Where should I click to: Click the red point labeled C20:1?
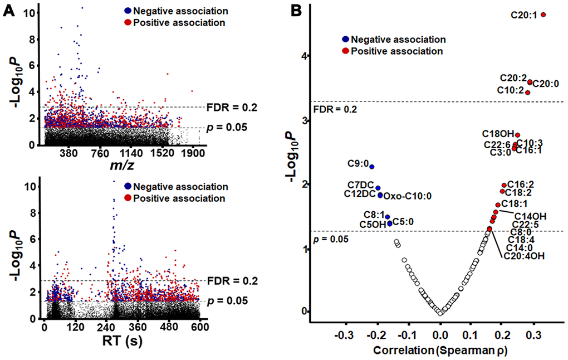[543, 14]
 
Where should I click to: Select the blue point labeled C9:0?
[372, 167]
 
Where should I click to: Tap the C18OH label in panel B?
[498, 134]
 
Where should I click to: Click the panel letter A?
[8, 9]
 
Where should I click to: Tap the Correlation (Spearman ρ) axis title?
[440, 351]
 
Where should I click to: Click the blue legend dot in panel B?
[346, 39]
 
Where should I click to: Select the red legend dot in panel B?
[346, 51]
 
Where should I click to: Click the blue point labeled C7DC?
[378, 188]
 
